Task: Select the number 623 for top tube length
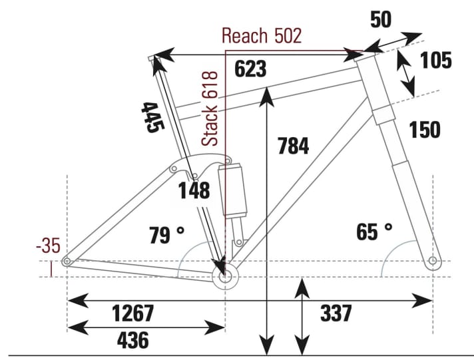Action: coord(250,69)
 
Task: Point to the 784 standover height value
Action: coord(292,145)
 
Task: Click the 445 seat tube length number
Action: coord(152,117)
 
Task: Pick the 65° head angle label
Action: coord(374,232)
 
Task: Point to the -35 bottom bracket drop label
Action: coord(48,246)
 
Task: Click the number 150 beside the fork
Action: coord(425,130)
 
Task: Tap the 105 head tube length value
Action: coord(436,61)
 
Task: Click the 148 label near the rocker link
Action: coord(194,192)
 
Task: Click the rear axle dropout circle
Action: coord(67,262)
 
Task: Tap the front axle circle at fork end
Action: coord(433,260)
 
